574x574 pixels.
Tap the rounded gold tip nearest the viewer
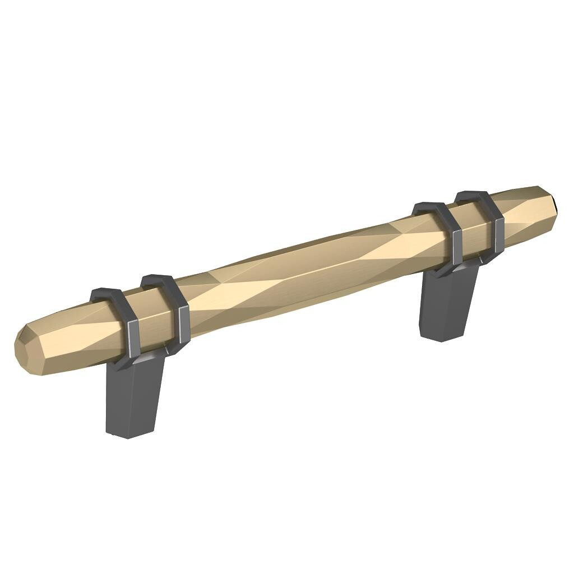point(25,348)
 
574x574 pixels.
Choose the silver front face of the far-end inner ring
point(457,247)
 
